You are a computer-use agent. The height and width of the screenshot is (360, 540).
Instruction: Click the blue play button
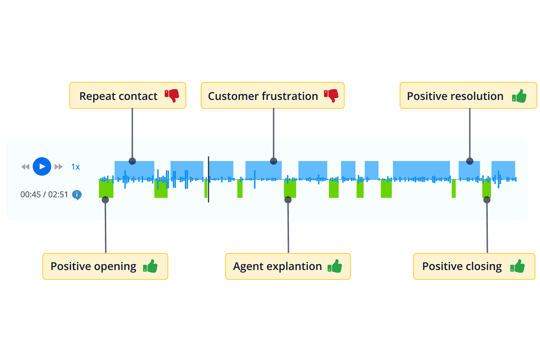42,166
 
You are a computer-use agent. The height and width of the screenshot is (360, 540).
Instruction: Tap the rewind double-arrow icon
25,167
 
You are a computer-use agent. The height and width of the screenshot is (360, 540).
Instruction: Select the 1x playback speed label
75,167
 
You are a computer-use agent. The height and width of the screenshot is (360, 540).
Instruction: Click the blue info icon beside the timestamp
77,195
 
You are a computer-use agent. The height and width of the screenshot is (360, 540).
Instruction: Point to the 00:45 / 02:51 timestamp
44,195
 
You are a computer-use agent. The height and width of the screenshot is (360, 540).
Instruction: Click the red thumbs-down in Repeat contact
171,95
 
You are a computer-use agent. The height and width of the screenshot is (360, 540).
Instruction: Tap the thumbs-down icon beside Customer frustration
331,95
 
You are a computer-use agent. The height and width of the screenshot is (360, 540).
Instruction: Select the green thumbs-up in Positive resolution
519,96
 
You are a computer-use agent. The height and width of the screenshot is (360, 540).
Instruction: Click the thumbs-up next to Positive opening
150,266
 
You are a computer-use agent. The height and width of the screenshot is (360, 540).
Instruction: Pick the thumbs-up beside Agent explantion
334,266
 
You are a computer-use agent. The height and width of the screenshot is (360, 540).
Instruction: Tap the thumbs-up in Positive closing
517,266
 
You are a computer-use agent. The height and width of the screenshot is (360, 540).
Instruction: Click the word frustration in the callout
292,96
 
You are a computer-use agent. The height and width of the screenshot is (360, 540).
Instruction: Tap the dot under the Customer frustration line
273,161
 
